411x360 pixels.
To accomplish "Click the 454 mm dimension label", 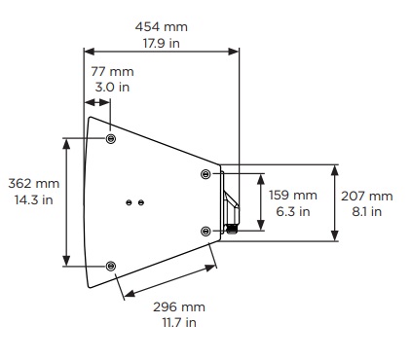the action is pyautogui.click(x=162, y=26).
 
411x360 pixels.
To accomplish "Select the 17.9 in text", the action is pyautogui.click(x=162, y=43).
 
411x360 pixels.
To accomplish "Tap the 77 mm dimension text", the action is pyautogui.click(x=112, y=71).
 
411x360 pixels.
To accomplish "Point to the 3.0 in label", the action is pyautogui.click(x=112, y=87).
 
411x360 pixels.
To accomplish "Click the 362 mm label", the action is pyautogui.click(x=34, y=184).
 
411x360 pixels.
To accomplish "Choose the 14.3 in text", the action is pyautogui.click(x=34, y=199).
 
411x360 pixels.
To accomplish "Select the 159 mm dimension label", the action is pyautogui.click(x=293, y=196).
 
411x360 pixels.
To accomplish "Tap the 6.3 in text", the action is pyautogui.click(x=293, y=211).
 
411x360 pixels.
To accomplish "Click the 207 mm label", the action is pyautogui.click(x=367, y=196).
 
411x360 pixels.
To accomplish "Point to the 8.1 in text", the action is pyautogui.click(x=367, y=212).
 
